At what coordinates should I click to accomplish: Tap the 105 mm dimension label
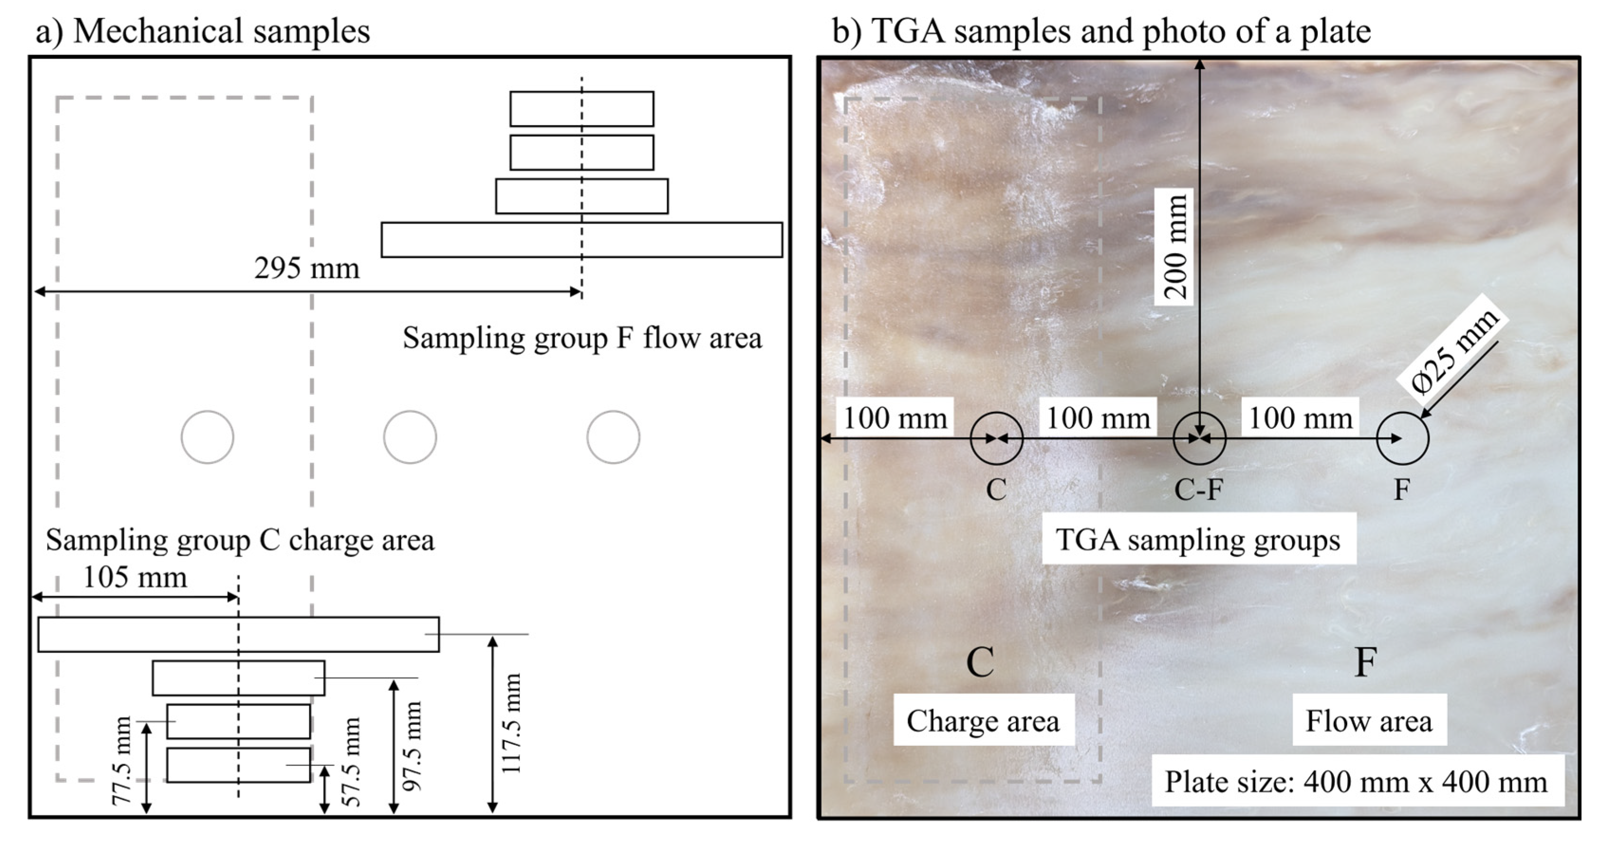tap(135, 578)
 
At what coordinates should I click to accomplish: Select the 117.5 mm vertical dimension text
tap(511, 724)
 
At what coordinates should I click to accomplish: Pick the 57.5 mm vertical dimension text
tap(351, 761)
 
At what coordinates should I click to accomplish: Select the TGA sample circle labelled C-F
tap(1199, 438)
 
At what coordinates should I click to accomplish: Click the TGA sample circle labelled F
tap(1402, 438)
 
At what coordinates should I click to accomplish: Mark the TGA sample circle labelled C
tap(996, 438)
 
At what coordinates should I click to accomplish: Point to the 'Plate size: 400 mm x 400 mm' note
tap(1357, 781)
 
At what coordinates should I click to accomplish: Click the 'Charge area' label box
tap(983, 721)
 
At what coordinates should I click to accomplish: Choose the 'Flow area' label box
tap(1369, 721)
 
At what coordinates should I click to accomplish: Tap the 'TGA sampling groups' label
tap(1198, 539)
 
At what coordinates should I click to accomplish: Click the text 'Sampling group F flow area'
tap(582, 338)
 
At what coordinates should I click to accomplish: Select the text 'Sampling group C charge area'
tap(240, 540)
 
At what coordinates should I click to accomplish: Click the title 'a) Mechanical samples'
tap(203, 31)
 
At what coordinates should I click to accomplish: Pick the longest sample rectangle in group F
tap(582, 239)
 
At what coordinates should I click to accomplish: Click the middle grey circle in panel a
tap(410, 437)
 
